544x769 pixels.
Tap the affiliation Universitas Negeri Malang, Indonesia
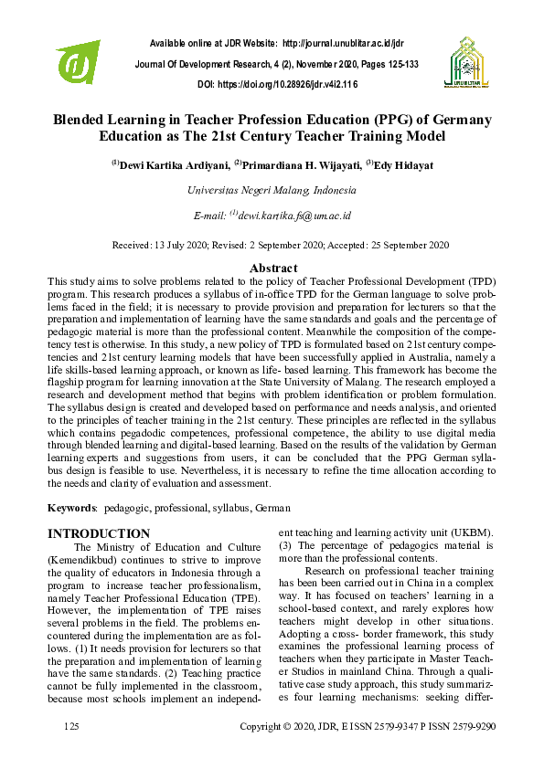[272, 191]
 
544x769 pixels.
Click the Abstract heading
[272, 268]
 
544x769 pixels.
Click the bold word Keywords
[71, 507]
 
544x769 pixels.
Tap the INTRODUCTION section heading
[99, 533]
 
